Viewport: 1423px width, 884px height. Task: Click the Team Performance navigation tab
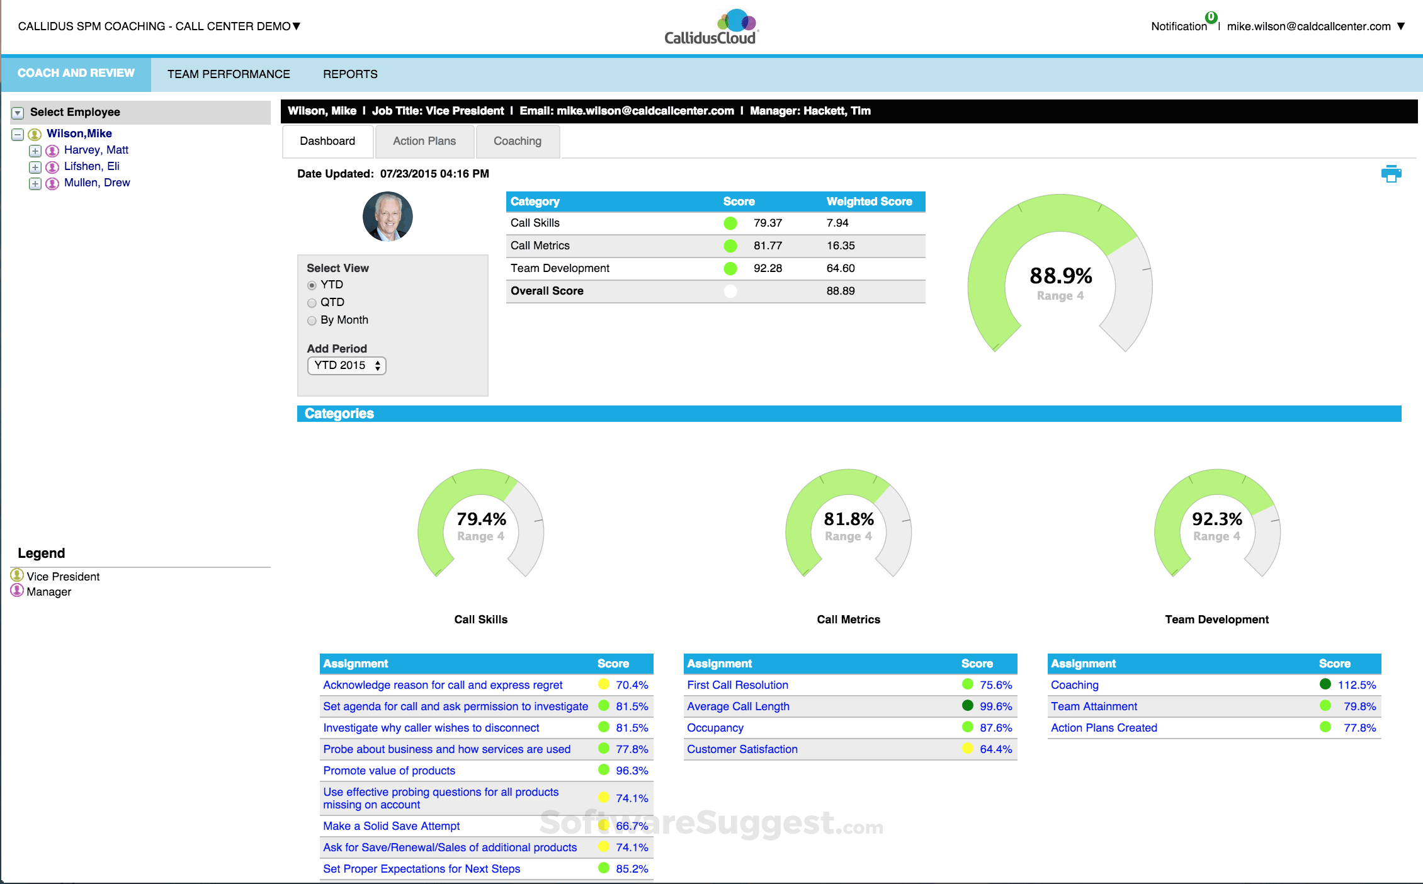[x=229, y=74]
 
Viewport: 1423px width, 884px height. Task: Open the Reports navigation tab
[x=350, y=74]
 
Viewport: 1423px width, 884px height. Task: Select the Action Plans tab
[x=424, y=141]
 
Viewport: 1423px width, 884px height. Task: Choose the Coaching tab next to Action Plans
[x=517, y=141]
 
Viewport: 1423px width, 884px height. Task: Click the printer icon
[x=1391, y=174]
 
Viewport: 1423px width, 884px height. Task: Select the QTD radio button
[x=312, y=303]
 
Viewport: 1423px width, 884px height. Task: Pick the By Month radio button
[x=312, y=320]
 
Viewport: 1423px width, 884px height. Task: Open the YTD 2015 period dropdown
[x=346, y=365]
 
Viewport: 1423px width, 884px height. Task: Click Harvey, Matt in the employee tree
[x=96, y=150]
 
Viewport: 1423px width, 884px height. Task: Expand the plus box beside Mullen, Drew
[x=35, y=183]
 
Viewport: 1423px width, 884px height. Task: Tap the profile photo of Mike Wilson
[x=387, y=217]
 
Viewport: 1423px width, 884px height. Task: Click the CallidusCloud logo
[x=711, y=28]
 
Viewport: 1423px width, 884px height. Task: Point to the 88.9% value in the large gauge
[x=1060, y=276]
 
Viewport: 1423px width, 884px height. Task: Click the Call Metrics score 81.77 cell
[x=768, y=246]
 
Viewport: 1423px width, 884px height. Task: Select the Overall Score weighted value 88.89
[x=840, y=291]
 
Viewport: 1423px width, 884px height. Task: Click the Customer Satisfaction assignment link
[x=742, y=749]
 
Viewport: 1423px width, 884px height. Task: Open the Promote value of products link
[x=388, y=771]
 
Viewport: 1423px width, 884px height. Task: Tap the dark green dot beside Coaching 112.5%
[x=1325, y=684]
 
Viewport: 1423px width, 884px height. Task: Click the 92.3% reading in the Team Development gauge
[x=1216, y=519]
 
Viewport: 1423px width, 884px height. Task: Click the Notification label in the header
[x=1179, y=26]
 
